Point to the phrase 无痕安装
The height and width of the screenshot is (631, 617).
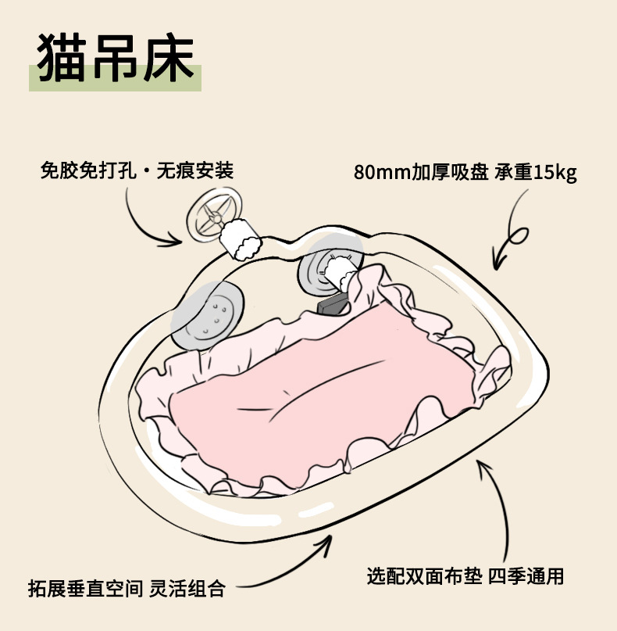point(194,170)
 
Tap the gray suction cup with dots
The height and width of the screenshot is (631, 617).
point(208,315)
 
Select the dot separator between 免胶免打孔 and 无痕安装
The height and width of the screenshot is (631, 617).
point(148,170)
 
